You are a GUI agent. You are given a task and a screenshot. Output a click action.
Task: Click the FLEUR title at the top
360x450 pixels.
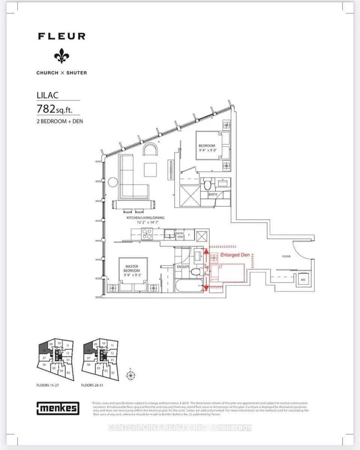(x=61, y=36)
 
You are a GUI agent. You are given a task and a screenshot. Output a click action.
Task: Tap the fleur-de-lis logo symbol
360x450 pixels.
(x=61, y=56)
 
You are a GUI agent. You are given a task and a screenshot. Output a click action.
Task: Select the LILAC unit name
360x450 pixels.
(x=48, y=95)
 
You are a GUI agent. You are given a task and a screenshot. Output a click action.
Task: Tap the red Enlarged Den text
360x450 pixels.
(x=235, y=255)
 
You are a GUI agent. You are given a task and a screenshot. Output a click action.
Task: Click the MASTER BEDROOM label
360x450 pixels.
(x=132, y=268)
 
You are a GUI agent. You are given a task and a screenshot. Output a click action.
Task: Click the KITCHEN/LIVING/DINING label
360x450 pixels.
(x=145, y=217)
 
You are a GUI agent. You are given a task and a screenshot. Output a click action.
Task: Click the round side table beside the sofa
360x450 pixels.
(x=113, y=182)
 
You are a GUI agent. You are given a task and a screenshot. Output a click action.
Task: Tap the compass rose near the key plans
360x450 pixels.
(x=130, y=375)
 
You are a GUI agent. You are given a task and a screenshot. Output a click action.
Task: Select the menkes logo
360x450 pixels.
(x=58, y=408)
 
